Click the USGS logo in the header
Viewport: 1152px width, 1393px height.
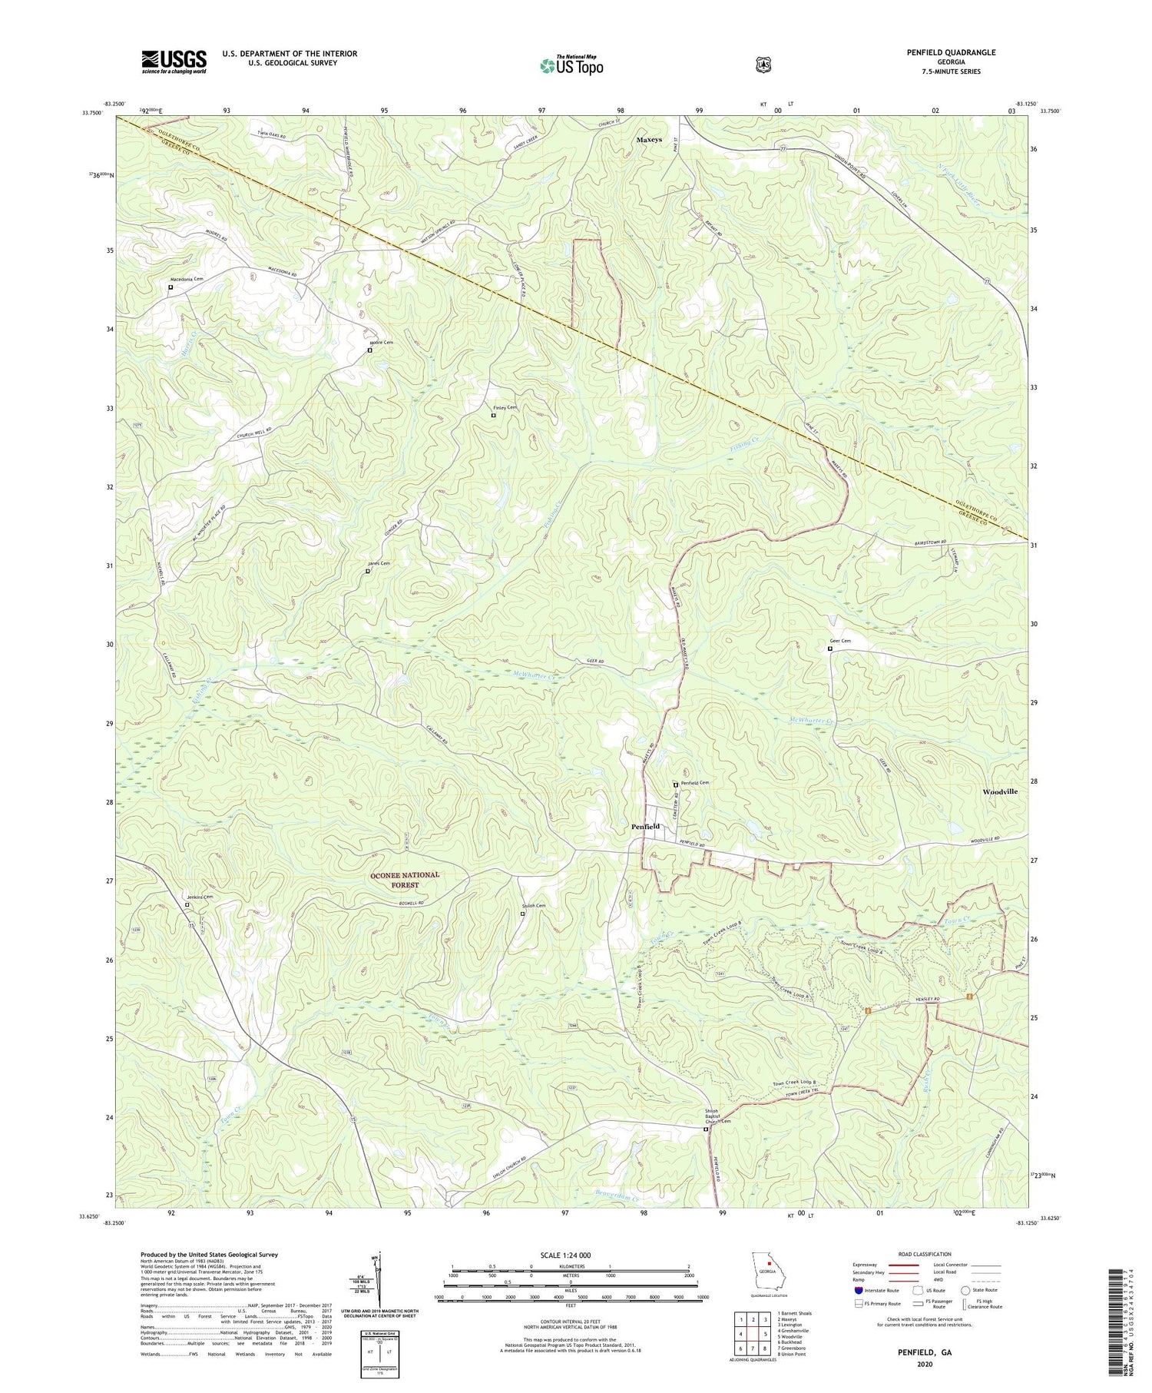[x=174, y=61]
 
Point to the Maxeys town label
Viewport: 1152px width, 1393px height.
[x=649, y=140]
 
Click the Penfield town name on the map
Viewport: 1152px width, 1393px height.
[x=645, y=826]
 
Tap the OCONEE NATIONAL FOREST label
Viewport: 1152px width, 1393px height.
[x=405, y=880]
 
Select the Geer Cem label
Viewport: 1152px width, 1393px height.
[x=839, y=641]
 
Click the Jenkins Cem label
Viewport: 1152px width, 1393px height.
[x=199, y=897]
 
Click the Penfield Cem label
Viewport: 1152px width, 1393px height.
[x=694, y=782]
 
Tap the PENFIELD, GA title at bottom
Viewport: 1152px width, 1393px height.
[x=924, y=1350]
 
